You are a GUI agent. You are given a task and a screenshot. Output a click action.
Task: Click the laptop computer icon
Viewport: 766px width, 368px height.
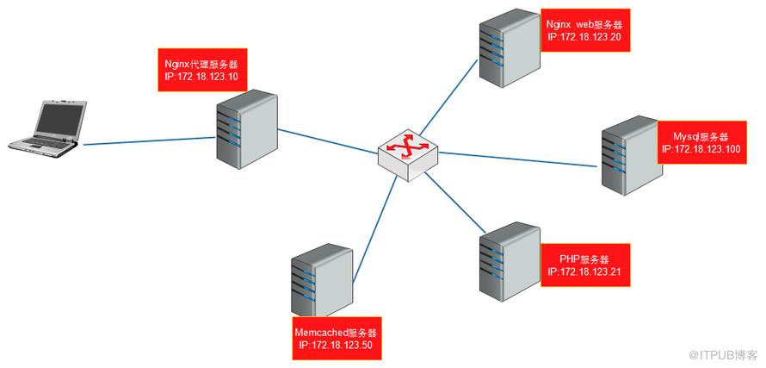(x=47, y=128)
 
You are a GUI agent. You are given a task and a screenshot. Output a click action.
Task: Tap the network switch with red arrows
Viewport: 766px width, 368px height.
(x=408, y=156)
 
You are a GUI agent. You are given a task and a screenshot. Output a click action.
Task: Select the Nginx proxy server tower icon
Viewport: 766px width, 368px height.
(x=247, y=129)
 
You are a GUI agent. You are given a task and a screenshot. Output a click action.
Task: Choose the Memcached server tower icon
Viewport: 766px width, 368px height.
(x=322, y=283)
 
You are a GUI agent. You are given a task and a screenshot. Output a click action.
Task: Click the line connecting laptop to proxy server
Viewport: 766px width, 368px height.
(x=150, y=141)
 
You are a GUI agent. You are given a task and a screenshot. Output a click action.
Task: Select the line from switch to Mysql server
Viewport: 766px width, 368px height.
(x=518, y=159)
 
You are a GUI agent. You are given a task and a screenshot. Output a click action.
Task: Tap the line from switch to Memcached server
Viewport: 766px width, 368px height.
(x=374, y=229)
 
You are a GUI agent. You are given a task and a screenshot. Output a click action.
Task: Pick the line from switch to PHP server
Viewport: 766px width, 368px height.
(x=454, y=203)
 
